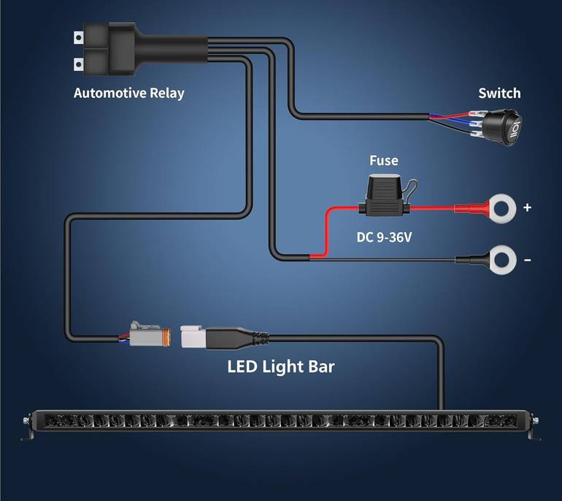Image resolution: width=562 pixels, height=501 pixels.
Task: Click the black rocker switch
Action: (502, 128)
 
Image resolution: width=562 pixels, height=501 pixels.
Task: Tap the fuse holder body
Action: (384, 195)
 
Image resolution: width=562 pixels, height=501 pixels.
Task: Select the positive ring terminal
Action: (502, 208)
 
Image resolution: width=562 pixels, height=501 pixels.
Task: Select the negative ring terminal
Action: (502, 260)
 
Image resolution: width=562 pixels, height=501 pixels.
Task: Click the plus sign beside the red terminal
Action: (527, 207)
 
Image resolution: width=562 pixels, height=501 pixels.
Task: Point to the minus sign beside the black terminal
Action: (527, 260)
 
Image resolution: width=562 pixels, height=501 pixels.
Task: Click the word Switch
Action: (499, 93)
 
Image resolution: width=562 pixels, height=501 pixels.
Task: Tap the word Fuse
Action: (383, 161)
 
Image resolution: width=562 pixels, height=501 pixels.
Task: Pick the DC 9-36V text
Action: (384, 237)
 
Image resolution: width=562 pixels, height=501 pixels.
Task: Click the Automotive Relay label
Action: (128, 93)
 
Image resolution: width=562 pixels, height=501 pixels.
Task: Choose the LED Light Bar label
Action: (281, 367)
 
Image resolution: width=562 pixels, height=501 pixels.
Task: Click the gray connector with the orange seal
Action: (150, 335)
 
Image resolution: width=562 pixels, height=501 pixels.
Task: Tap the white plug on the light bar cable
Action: (193, 337)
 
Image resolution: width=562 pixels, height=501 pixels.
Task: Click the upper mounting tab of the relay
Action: (79, 37)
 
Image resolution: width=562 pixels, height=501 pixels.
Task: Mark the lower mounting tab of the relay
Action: (79, 65)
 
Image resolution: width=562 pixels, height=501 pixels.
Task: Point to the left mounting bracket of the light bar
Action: (28, 427)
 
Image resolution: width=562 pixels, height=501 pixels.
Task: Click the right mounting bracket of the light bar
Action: (535, 427)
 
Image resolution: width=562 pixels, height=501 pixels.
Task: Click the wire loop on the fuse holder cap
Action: (412, 188)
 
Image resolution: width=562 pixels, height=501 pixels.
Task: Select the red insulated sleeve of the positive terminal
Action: (472, 208)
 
